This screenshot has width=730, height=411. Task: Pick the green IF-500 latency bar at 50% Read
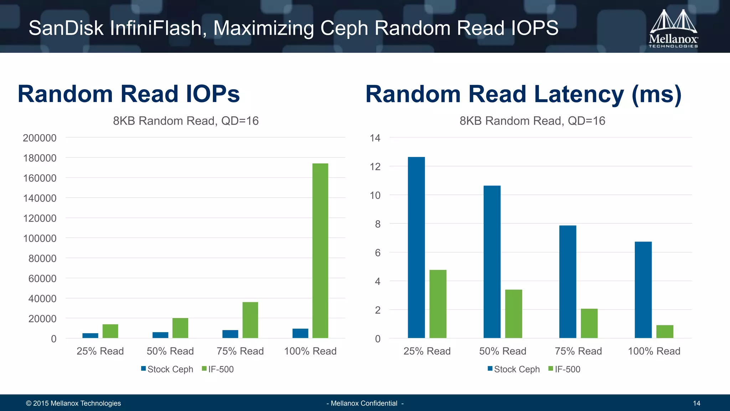click(513, 314)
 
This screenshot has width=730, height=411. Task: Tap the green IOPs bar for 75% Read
click(250, 320)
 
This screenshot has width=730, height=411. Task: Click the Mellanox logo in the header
click(673, 29)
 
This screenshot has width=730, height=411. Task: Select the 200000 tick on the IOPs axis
click(40, 138)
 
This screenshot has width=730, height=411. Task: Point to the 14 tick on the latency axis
click(375, 138)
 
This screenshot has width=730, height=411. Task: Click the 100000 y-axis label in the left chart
click(40, 238)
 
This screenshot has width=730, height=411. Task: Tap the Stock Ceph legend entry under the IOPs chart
click(167, 369)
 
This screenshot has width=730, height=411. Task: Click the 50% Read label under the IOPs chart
click(170, 351)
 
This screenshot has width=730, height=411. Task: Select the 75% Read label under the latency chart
click(578, 351)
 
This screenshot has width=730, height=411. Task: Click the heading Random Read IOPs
click(129, 94)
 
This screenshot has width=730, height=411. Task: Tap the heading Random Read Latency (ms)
click(523, 94)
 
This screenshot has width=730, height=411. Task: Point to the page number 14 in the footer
click(696, 403)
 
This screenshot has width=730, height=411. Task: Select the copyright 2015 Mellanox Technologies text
click(73, 403)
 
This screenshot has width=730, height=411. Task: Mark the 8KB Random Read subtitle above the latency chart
click(532, 121)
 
